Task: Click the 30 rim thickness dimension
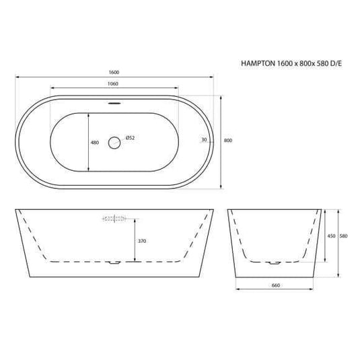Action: click(203, 140)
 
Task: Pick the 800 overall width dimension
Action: click(228, 140)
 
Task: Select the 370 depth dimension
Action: click(142, 240)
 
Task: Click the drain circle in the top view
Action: click(114, 141)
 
